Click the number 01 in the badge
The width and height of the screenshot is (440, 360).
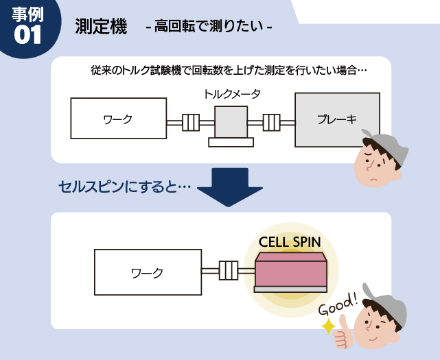coord(27,36)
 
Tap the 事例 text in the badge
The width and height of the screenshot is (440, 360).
coord(27,15)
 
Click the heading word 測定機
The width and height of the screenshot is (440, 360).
coord(101,27)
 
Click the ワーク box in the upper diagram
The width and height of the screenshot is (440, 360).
coord(118,119)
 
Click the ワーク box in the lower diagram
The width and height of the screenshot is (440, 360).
coord(147,272)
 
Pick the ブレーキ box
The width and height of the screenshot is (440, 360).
coord(336,119)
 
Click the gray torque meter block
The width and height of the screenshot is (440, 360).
coord(231,122)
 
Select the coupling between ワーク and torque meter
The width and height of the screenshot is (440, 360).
coord(190,123)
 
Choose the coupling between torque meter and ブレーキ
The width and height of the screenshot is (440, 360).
coord(271,123)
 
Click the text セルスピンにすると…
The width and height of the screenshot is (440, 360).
coord(124,186)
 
